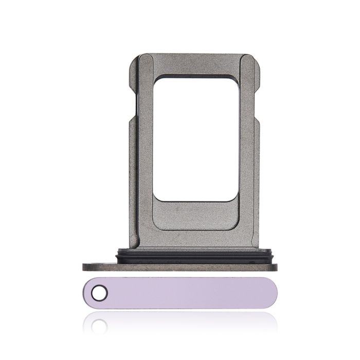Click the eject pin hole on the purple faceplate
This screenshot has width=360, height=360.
click(98, 293)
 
